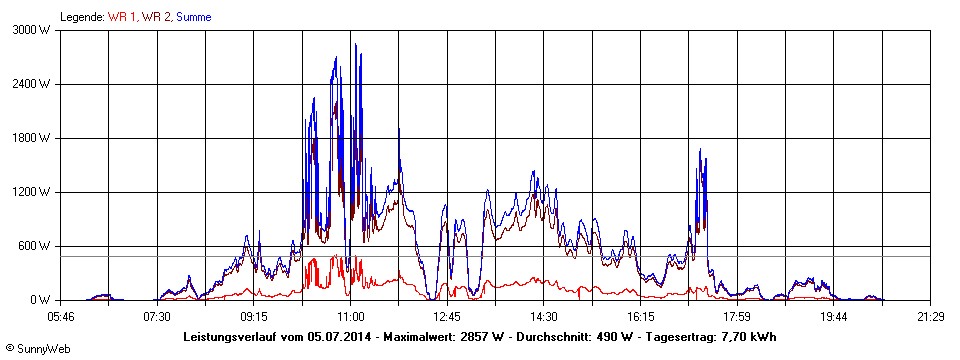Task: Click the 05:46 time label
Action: [61, 316]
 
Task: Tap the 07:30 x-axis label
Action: [157, 316]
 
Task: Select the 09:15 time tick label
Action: [254, 316]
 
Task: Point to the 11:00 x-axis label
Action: [351, 316]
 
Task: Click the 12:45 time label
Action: [447, 316]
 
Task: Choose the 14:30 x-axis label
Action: [544, 316]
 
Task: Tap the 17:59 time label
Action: [737, 316]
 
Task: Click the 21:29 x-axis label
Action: [930, 316]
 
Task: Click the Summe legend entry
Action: [193, 17]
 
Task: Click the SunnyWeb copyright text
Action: [37, 349]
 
